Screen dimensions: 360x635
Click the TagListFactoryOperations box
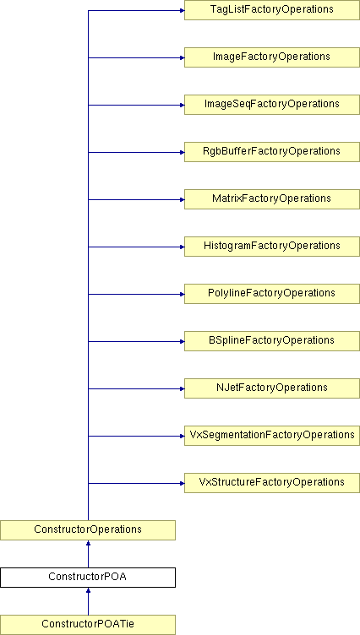click(272, 10)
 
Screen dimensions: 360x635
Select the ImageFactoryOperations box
click(272, 57)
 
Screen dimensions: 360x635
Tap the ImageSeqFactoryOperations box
click(272, 105)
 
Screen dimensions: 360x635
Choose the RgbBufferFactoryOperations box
click(272, 152)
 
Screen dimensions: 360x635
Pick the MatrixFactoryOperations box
click(272, 199)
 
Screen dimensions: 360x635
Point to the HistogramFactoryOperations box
click(272, 247)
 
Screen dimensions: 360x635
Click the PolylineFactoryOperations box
click(272, 294)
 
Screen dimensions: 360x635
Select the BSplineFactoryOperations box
click(272, 341)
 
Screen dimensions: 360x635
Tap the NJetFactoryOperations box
click(272, 388)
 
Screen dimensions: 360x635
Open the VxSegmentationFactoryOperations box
click(272, 436)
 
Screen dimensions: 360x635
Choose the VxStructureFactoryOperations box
click(272, 483)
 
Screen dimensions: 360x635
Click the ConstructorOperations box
click(88, 530)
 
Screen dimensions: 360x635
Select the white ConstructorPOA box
click(88, 578)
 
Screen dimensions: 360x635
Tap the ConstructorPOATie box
click(88, 625)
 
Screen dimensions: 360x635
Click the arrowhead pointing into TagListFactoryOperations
click(182, 10)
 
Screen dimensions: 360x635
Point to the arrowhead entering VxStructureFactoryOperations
click(182, 483)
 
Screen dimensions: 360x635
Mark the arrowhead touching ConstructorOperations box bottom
click(88, 543)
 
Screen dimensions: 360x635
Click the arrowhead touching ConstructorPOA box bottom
click(88, 590)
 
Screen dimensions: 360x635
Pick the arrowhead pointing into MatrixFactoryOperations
click(182, 199)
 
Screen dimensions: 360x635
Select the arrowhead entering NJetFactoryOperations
click(182, 388)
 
